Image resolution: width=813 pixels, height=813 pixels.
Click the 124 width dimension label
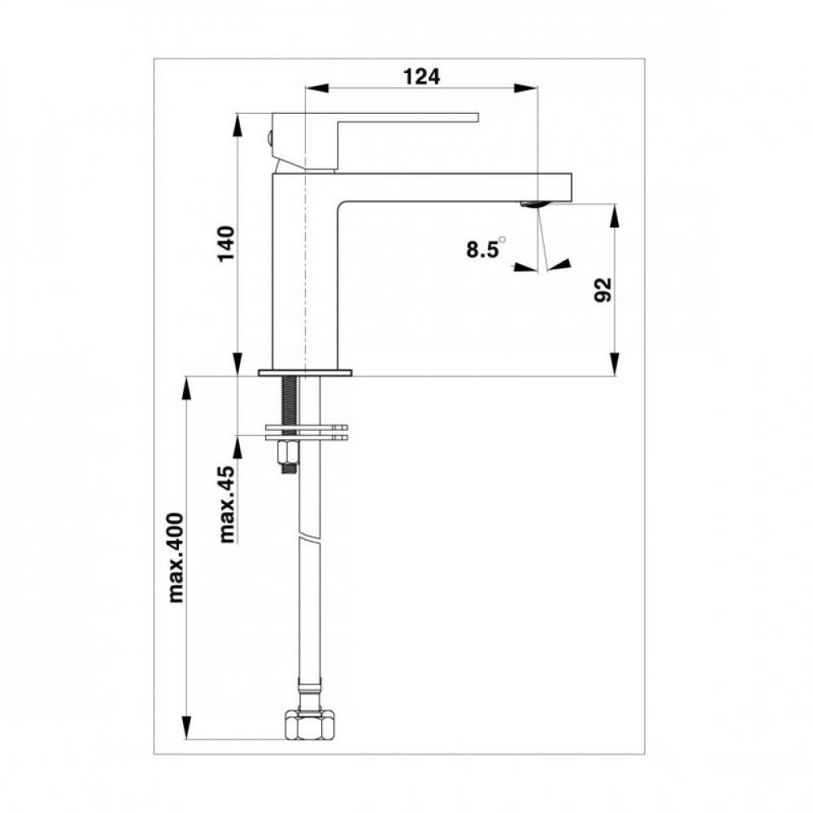421,76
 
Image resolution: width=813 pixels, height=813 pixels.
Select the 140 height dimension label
227,244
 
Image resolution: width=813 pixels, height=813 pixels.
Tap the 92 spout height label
603,290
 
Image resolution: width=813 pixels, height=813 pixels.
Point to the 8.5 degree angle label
485,248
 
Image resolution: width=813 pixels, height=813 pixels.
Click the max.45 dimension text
227,504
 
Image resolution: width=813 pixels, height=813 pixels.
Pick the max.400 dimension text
176,558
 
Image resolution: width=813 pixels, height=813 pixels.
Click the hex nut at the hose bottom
309,725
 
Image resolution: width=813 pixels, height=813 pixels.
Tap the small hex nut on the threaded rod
289,454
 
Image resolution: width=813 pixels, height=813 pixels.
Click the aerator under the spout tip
533,204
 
